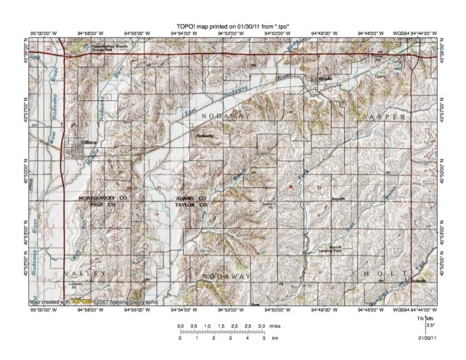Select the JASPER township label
point(383,116)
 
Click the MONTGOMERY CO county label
point(102,198)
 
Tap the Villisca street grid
point(75,152)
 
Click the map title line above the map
point(233,27)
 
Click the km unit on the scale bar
point(274,338)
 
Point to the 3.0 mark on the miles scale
point(261,327)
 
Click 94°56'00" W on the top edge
point(135,33)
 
